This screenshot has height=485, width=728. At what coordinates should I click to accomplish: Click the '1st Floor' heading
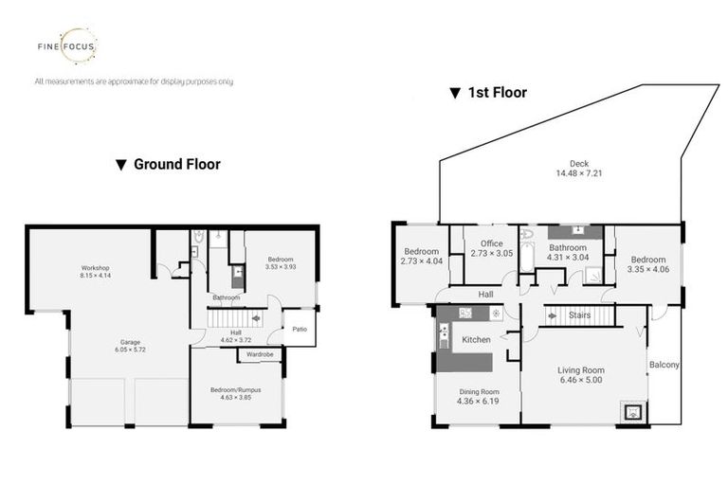click(x=487, y=93)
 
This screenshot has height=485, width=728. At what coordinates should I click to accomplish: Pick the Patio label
click(x=299, y=331)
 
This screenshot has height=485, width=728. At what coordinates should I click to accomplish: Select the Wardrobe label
click(x=260, y=355)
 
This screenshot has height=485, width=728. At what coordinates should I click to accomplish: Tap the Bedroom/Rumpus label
click(x=235, y=389)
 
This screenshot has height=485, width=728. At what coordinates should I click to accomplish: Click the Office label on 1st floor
click(x=491, y=243)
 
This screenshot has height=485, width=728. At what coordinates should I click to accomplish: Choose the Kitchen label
click(x=475, y=338)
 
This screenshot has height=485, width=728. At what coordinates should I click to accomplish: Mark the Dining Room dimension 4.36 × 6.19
click(x=478, y=401)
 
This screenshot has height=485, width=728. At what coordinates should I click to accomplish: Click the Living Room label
click(x=580, y=370)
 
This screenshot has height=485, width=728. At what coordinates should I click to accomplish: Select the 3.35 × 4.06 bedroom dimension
click(x=648, y=269)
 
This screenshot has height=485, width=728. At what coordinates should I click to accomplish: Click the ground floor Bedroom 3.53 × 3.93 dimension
click(x=280, y=268)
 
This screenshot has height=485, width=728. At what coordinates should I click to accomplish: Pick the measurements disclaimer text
click(x=134, y=81)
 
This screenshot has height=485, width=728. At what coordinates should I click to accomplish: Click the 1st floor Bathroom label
click(x=568, y=247)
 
